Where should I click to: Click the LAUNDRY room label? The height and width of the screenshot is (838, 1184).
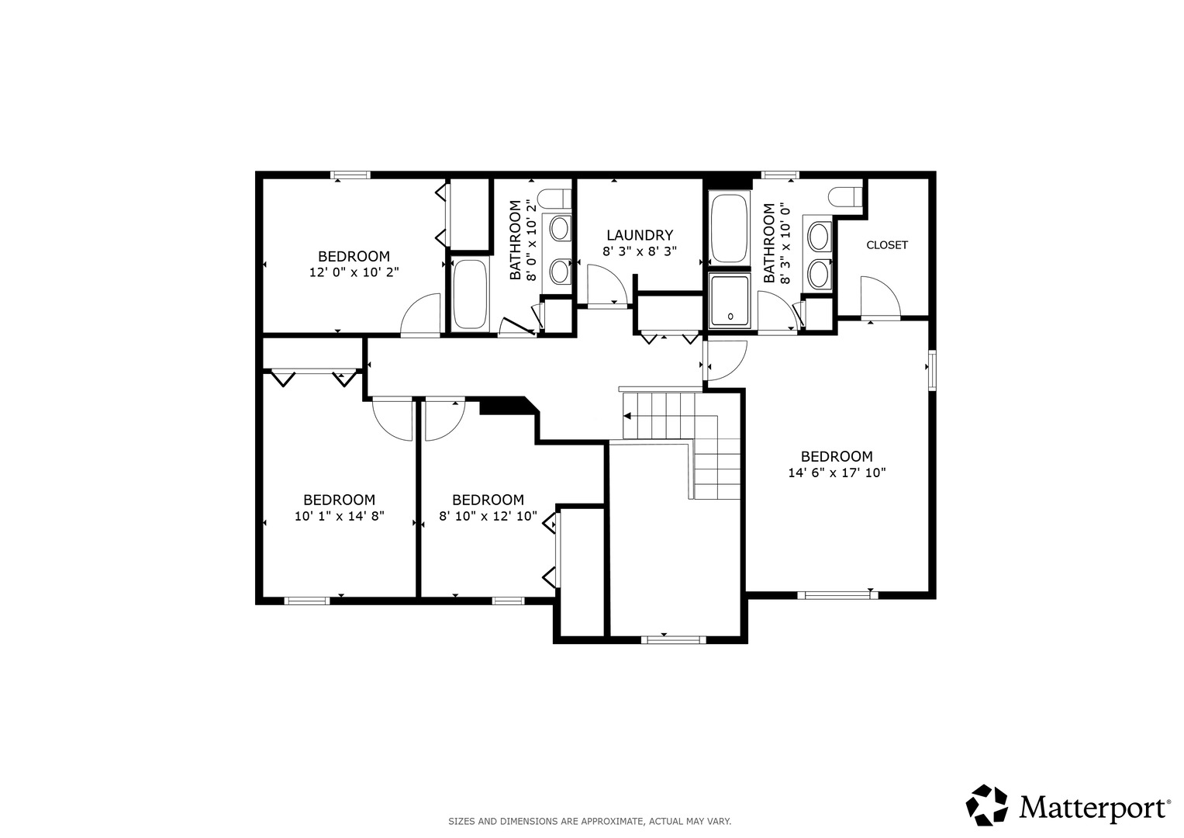tap(640, 235)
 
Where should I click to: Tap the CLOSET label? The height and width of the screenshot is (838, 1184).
tap(887, 245)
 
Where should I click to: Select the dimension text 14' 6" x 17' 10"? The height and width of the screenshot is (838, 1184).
tap(837, 473)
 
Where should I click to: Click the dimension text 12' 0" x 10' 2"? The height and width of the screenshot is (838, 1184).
tap(354, 272)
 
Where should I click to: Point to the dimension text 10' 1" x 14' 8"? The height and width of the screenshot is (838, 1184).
tap(340, 516)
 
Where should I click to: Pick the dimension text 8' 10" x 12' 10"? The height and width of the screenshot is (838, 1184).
tap(488, 516)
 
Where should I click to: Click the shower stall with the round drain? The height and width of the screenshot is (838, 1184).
tap(730, 300)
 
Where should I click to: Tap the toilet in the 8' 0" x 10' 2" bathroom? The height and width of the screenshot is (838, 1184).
tap(554, 199)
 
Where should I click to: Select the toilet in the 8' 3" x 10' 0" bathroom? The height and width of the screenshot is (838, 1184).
tap(845, 197)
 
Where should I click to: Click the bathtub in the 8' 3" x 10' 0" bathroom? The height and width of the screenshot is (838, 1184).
tap(730, 228)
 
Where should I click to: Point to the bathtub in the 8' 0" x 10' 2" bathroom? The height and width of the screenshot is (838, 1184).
tap(470, 294)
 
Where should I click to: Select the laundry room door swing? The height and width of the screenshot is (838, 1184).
tap(608, 286)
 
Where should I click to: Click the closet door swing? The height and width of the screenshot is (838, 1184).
tap(881, 297)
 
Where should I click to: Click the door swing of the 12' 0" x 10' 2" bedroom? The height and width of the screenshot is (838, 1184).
tap(420, 315)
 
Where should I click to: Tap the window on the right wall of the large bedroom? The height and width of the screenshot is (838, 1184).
tap(932, 370)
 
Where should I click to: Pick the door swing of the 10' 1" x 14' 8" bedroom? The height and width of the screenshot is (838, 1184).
tap(392, 419)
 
